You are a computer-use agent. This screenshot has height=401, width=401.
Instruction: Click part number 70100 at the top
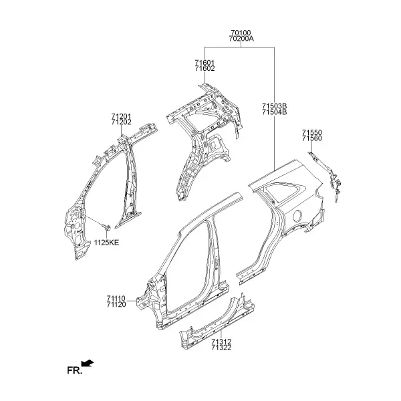pyautogui.click(x=241, y=33)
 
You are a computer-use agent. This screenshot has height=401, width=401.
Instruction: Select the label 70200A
pyautogui.click(x=241, y=39)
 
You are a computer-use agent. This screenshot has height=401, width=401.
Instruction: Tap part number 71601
pyautogui.click(x=205, y=63)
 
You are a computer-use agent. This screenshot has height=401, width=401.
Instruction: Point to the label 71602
pyautogui.click(x=205, y=69)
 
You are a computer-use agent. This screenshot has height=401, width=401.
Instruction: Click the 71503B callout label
pyautogui.click(x=275, y=106)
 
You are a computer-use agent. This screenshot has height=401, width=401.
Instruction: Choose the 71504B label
pyautogui.click(x=275, y=112)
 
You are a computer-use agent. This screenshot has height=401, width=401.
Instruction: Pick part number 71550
pyautogui.click(x=312, y=133)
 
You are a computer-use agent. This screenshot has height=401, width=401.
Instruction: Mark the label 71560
pyautogui.click(x=312, y=138)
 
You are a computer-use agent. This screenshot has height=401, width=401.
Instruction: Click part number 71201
pyautogui.click(x=121, y=116)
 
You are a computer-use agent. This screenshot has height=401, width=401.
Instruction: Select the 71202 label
pyautogui.click(x=121, y=122)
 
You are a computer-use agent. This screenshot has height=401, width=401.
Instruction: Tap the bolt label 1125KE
pyautogui.click(x=107, y=243)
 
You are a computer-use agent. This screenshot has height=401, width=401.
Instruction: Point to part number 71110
pyautogui.click(x=116, y=299)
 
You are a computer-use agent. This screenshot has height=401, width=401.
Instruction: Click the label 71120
pyautogui.click(x=116, y=305)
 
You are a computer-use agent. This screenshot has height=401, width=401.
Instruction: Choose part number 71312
pyautogui.click(x=221, y=342)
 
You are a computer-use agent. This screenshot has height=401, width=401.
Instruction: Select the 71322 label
pyautogui.click(x=221, y=348)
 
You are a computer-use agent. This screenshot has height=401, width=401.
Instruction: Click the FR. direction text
pyautogui.click(x=75, y=370)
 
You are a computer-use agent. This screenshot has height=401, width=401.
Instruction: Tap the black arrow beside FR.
pyautogui.click(x=88, y=364)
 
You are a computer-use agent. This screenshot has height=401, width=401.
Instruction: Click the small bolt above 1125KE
pyautogui.click(x=106, y=227)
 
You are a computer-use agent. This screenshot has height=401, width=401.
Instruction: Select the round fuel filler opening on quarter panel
pyautogui.click(x=297, y=216)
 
